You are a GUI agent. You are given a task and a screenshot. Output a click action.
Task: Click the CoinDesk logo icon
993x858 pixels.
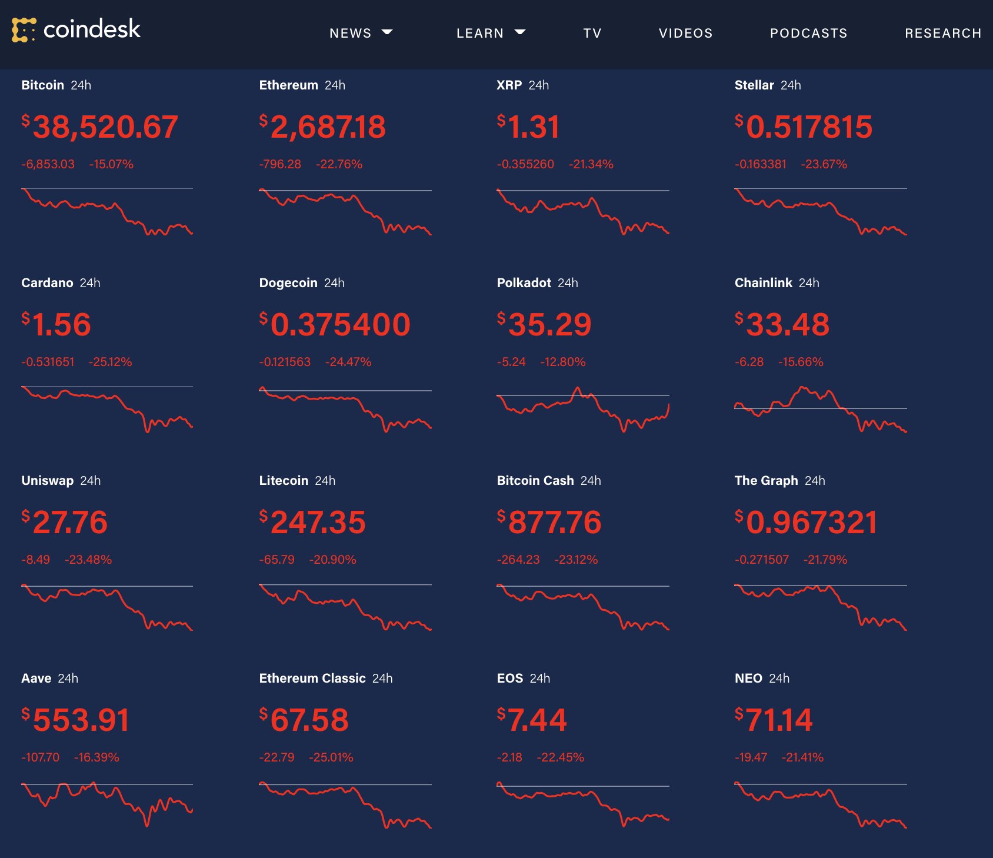click(x=24, y=30)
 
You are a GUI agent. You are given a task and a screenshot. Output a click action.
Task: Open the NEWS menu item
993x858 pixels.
click(x=351, y=34)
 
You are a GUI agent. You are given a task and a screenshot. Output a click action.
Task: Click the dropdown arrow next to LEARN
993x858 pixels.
click(x=520, y=32)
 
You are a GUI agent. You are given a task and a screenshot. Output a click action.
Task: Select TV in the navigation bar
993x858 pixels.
click(x=592, y=34)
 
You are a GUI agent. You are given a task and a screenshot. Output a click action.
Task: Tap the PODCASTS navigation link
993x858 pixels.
click(x=808, y=34)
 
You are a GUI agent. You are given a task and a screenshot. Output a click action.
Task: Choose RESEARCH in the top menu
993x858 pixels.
click(x=942, y=34)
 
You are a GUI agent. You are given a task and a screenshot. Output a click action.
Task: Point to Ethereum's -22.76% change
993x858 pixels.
click(x=339, y=164)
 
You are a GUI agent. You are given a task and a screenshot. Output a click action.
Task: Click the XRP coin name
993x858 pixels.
click(x=509, y=85)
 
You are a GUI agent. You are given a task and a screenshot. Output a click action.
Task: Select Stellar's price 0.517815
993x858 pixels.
click(x=809, y=127)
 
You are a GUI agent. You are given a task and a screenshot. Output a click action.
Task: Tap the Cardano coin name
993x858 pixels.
click(x=47, y=283)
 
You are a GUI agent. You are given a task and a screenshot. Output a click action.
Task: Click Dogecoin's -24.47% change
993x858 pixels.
click(x=348, y=362)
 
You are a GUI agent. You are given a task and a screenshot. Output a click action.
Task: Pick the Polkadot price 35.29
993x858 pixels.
click(x=549, y=325)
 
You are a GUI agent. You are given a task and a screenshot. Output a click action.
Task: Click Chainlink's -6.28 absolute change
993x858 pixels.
click(x=749, y=362)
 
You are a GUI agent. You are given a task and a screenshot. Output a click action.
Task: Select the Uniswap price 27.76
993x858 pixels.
click(x=70, y=523)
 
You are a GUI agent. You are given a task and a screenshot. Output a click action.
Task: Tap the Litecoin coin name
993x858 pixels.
click(x=284, y=481)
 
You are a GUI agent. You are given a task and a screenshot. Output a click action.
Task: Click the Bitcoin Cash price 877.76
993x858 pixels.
click(x=554, y=523)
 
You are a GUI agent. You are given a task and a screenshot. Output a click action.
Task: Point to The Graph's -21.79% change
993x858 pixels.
click(x=825, y=560)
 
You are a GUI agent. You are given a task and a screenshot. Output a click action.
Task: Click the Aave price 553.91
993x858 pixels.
click(x=81, y=720)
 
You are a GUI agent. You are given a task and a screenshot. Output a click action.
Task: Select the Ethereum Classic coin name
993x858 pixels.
click(x=312, y=679)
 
